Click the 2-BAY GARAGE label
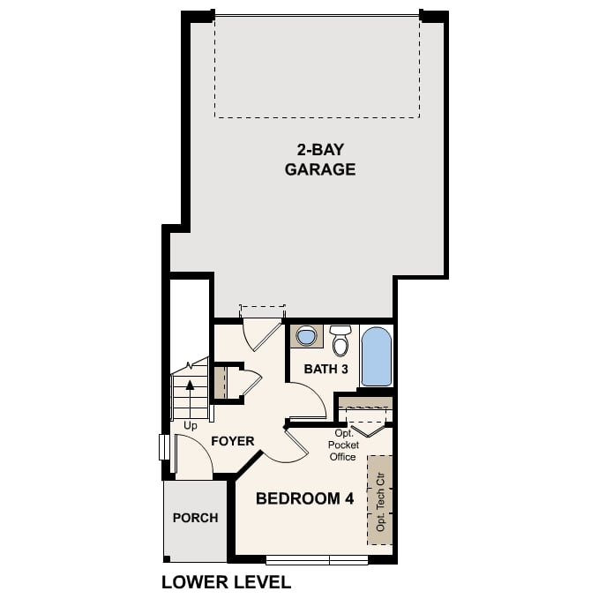pos(319,160)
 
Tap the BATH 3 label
pos(325,369)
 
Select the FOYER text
pos(232,441)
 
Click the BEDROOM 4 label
pos(304,498)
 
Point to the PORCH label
pos(195,518)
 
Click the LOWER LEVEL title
pos(226,582)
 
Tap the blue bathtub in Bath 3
pos(376,355)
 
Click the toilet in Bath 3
pos(340,340)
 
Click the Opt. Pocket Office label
pos(342,445)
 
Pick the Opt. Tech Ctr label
pos(381,499)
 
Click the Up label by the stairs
pos(191,426)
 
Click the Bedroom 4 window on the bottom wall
pos(317,559)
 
